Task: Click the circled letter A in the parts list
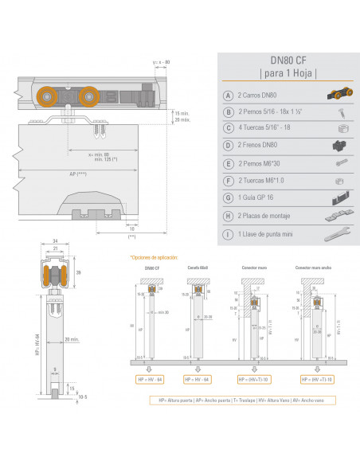229,95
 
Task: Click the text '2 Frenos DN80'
257,145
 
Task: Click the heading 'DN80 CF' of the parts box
288,59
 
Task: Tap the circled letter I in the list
229,234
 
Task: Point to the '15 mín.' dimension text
182,113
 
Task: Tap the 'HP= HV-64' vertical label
37,347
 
